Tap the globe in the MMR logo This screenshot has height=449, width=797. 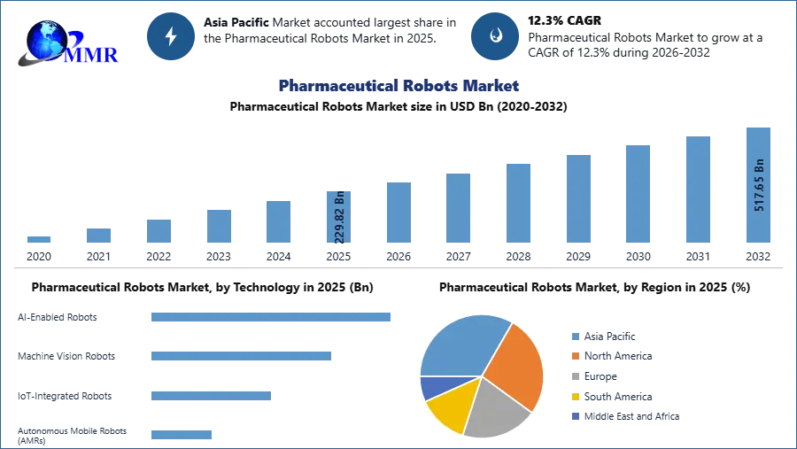[46, 40]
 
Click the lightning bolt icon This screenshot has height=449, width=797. [171, 36]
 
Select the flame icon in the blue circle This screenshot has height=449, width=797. [495, 36]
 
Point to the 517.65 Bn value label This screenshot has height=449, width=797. [759, 185]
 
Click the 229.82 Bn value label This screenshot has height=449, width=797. [339, 219]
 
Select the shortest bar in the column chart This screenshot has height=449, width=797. [39, 240]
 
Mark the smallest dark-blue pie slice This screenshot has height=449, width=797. [433, 386]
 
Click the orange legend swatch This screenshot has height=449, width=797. [575, 356]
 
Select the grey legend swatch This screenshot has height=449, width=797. [575, 376]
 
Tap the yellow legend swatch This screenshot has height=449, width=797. [575, 397]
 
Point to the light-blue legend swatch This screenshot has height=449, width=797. [575, 336]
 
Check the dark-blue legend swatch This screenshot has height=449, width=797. [575, 417]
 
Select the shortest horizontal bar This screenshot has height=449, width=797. [181, 433]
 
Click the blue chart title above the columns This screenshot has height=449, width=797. [398, 86]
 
